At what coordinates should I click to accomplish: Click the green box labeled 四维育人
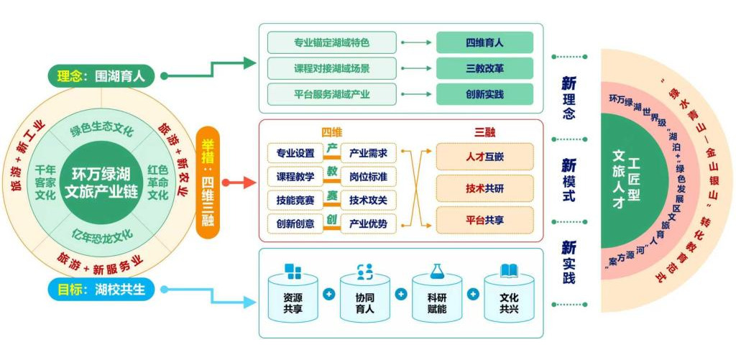pyautogui.click(x=484, y=42)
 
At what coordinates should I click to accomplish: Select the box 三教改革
pyautogui.click(x=484, y=68)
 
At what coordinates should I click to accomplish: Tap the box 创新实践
pyautogui.click(x=484, y=94)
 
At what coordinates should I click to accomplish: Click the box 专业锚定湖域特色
pyautogui.click(x=332, y=42)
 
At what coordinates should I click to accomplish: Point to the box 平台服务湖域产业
pyautogui.click(x=332, y=94)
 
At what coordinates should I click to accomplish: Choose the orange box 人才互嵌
pyautogui.click(x=484, y=157)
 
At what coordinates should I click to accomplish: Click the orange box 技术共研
pyautogui.click(x=484, y=188)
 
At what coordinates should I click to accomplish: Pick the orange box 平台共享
pyautogui.click(x=484, y=220)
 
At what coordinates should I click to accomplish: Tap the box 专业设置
pyautogui.click(x=295, y=153)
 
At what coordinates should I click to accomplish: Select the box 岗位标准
pyautogui.click(x=368, y=176)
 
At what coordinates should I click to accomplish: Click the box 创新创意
pyautogui.click(x=295, y=223)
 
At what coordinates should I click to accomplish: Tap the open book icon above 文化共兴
pyautogui.click(x=510, y=271)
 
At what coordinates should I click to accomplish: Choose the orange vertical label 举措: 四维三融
pyautogui.click(x=207, y=177)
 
